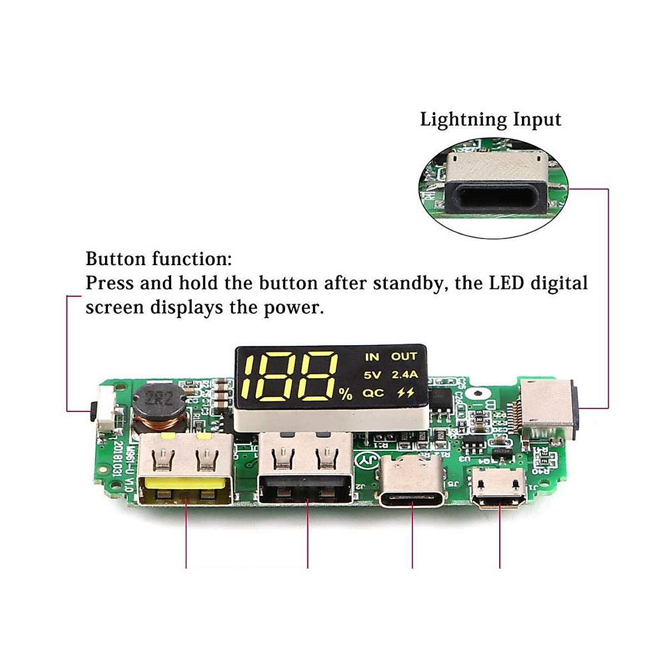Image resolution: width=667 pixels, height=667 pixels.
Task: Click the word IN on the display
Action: [371, 357]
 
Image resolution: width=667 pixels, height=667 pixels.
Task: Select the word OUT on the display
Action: [404, 357]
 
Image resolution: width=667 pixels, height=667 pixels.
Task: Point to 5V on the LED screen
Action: [372, 375]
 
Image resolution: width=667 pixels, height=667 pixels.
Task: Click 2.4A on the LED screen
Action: [404, 375]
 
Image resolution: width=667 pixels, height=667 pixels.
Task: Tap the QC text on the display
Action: [373, 393]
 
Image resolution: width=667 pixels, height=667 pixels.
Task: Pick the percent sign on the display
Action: [346, 395]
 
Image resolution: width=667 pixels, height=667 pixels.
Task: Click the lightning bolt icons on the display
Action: [406, 393]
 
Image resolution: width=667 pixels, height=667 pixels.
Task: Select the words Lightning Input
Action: [490, 120]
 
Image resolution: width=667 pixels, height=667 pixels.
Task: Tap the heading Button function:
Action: [159, 259]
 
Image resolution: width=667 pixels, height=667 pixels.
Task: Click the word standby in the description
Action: [409, 283]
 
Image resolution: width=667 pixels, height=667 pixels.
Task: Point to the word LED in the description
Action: [506, 283]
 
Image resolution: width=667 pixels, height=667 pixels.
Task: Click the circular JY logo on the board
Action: [367, 459]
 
